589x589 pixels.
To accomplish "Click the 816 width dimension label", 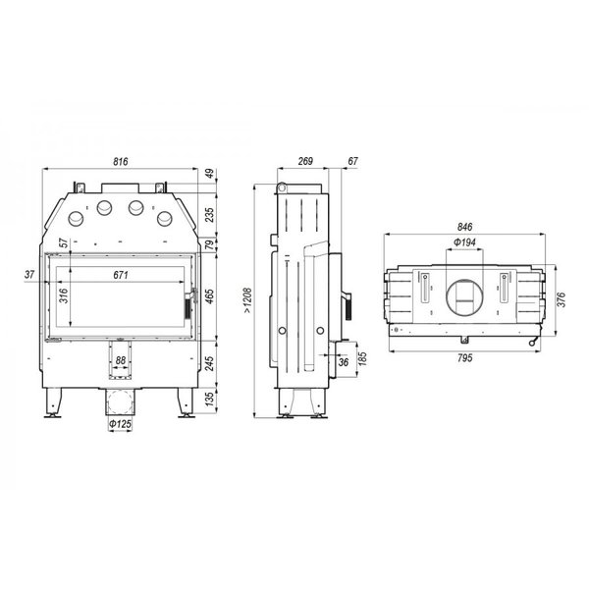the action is coord(121,162).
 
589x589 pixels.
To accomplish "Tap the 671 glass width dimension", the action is coord(121,275).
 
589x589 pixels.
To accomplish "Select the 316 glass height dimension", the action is coord(64,295).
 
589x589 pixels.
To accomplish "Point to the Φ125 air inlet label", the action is coord(120,424).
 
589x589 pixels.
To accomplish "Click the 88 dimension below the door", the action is coord(121,360).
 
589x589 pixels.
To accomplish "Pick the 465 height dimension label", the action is coord(210,296).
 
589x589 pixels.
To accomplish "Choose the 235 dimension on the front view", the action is coord(210,215).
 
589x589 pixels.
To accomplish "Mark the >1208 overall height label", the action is coord(247,300).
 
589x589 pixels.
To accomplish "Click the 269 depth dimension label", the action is coord(305,161).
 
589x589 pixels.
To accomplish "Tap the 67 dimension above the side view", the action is coord(352,161).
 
